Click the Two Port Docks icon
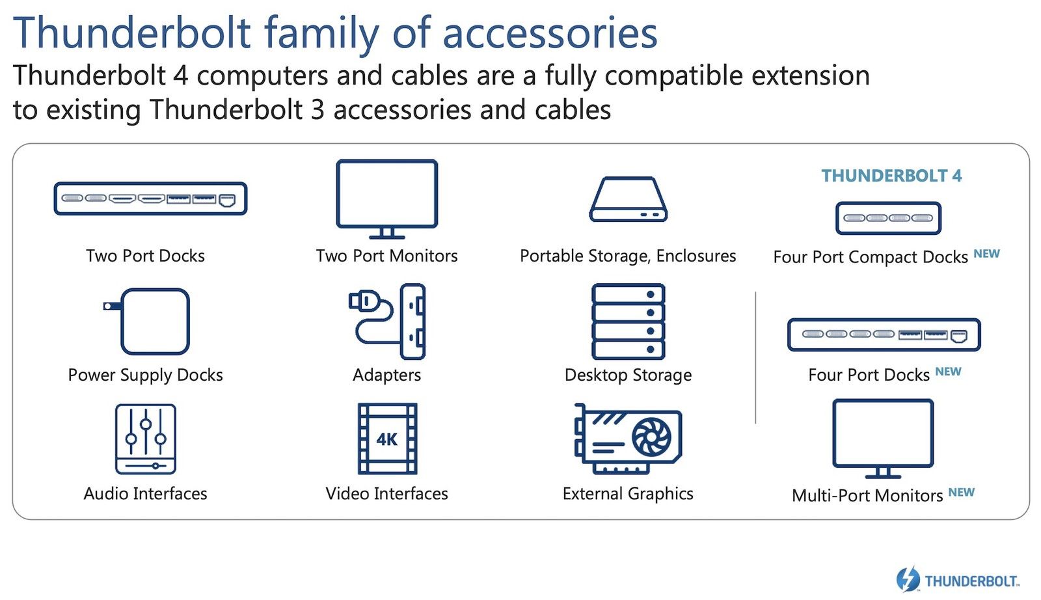tap(150, 198)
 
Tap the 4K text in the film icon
tap(386, 439)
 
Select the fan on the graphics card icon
tap(651, 437)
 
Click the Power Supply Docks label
tap(146, 375)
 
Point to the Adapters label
tap(386, 375)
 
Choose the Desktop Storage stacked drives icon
tap(628, 321)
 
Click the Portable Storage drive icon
tap(628, 199)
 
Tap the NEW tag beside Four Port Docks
tap(948, 372)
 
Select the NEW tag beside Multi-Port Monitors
tap(961, 492)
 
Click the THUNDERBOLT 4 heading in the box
tap(891, 176)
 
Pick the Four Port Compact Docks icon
tap(888, 218)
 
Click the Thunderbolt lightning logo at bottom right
tap(908, 579)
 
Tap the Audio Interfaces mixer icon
tap(146, 439)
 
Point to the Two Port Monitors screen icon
tap(386, 199)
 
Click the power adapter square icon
tap(155, 321)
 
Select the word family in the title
tap(321, 33)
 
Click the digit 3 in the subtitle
tap(318, 110)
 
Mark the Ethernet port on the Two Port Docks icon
tap(227, 200)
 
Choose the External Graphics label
tap(628, 493)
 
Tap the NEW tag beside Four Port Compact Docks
tap(986, 254)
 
